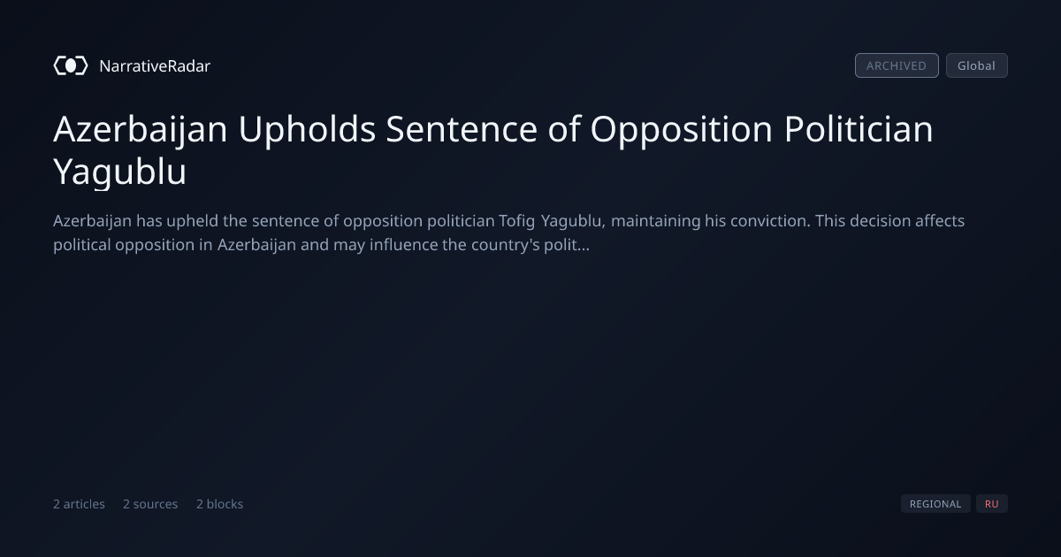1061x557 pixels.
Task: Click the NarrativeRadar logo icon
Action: [x=71, y=65]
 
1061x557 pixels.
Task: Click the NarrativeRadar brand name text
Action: [x=155, y=65]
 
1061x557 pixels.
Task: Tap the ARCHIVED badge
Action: [x=897, y=65]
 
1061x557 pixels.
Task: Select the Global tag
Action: [x=977, y=65]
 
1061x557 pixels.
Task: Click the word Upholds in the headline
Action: [x=307, y=130]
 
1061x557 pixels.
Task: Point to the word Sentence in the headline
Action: [x=462, y=129]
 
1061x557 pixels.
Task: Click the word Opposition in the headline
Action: [x=681, y=130]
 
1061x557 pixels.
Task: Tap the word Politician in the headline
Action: [x=859, y=129]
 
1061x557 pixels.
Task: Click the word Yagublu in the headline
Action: [x=120, y=172]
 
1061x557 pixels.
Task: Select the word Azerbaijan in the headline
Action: [x=141, y=130]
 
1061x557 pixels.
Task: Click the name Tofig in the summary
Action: [x=516, y=221]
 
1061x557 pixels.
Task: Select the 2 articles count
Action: [x=79, y=504]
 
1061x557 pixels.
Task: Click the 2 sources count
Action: [x=150, y=504]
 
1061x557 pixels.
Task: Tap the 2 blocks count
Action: [x=220, y=504]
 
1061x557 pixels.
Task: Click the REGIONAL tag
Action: [x=935, y=504]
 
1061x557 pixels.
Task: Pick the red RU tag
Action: [x=992, y=504]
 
